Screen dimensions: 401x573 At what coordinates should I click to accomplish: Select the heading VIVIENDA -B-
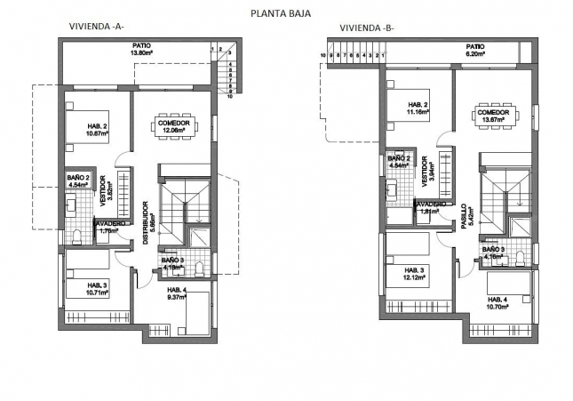(x=366, y=28)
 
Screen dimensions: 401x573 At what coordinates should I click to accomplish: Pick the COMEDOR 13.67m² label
(x=492, y=116)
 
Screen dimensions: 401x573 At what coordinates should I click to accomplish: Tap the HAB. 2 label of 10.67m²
(x=98, y=130)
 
